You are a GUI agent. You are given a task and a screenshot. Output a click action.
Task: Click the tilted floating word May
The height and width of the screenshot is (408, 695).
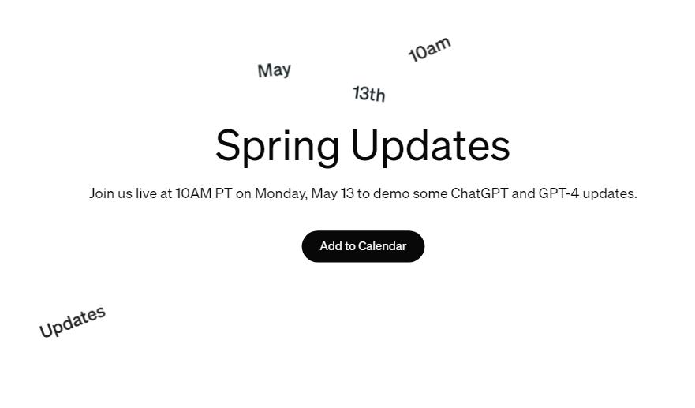coord(275,70)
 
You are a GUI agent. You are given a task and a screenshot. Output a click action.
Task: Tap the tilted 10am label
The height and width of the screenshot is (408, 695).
coord(429,49)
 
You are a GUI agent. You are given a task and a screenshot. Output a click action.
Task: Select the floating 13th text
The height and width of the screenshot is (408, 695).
coord(369,94)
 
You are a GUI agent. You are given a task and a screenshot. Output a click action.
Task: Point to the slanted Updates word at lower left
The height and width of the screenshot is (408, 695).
coord(73,321)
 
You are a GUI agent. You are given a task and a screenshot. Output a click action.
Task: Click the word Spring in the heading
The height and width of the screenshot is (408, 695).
coord(278,146)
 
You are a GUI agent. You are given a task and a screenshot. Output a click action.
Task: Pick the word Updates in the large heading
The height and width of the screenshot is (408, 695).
coord(431,146)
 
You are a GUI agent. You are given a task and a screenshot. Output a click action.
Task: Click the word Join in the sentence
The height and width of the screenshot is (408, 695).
coord(102,194)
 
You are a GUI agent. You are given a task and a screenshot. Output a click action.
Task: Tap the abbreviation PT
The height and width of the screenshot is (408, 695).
coord(224,193)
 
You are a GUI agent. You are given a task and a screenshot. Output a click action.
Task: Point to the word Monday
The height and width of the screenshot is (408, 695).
coord(282,194)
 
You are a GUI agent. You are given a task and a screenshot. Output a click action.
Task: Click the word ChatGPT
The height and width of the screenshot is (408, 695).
coord(479,193)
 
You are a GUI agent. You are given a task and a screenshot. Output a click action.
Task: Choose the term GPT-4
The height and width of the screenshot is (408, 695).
coord(559,193)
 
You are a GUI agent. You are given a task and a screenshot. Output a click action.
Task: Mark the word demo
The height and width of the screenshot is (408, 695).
coord(391,193)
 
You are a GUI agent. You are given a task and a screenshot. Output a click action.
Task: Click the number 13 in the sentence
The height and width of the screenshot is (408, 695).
coord(347,193)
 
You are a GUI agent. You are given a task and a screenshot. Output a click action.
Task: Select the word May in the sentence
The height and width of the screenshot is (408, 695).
coord(324,194)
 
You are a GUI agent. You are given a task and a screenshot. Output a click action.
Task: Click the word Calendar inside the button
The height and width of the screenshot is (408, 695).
coord(383,246)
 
